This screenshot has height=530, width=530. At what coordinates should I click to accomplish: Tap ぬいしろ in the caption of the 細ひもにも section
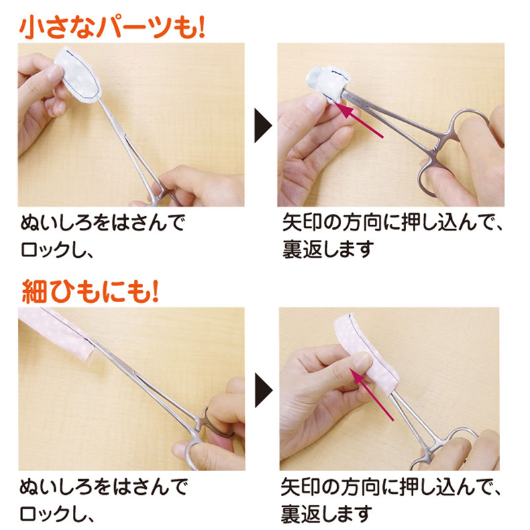click(x=54, y=487)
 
